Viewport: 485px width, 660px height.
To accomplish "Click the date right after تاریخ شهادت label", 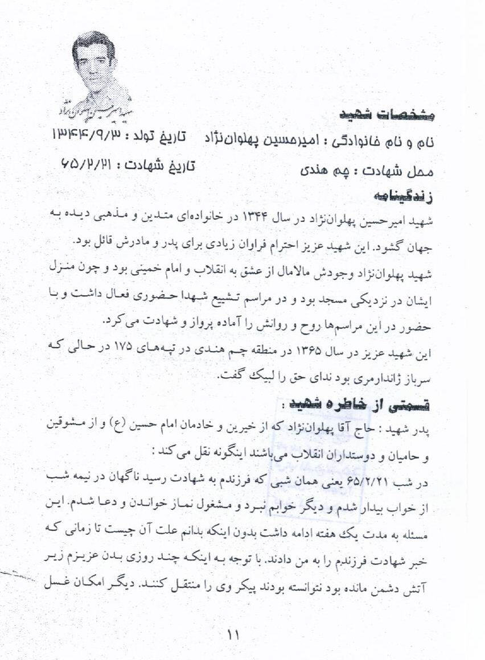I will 85,164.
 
